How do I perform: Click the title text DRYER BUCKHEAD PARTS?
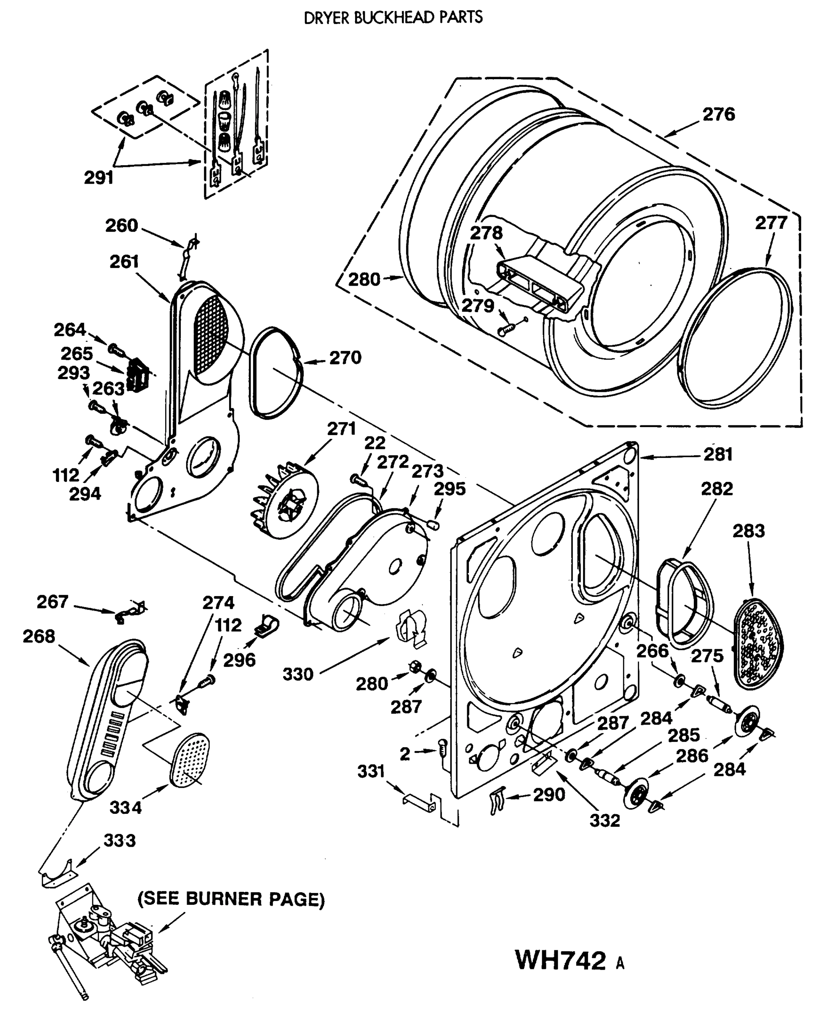(x=393, y=18)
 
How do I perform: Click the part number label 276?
(x=718, y=114)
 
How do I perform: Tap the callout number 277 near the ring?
(x=771, y=223)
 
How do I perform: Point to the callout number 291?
(x=99, y=178)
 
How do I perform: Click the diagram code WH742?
(x=560, y=960)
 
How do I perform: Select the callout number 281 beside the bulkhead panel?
(x=718, y=455)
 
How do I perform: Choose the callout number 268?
(x=39, y=637)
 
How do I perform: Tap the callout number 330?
(x=298, y=674)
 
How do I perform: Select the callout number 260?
(x=121, y=226)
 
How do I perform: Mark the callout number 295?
(x=449, y=489)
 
